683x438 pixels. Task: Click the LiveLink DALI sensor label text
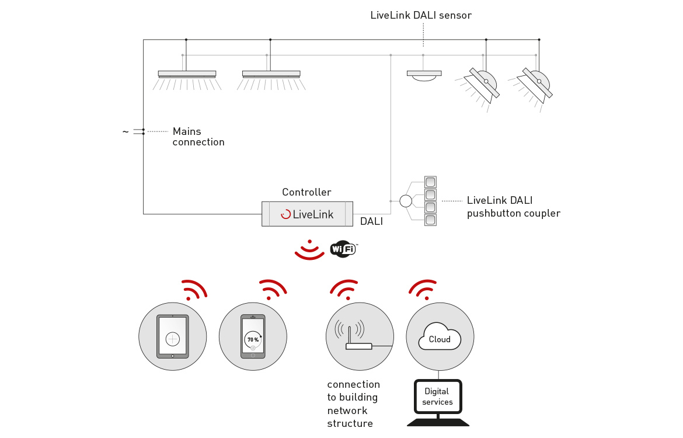pos(421,15)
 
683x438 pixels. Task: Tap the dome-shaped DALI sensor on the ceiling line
pos(424,76)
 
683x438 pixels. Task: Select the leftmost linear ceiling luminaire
pos(187,80)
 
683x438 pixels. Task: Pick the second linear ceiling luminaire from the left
pos(271,80)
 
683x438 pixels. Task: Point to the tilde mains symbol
pos(126,131)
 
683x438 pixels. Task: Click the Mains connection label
pos(198,137)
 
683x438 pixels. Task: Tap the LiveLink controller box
pos(307,214)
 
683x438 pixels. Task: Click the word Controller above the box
pos(306,192)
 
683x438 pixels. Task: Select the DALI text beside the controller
pos(371,221)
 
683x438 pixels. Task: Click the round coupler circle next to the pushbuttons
pos(406,201)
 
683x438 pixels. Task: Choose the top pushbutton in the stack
pos(430,182)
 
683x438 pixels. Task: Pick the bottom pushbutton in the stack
pos(430,220)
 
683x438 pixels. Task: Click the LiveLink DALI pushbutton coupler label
pos(514,207)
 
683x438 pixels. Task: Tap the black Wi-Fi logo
pos(344,249)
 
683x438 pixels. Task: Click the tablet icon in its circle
pos(172,336)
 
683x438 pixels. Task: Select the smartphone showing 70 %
pos(253,336)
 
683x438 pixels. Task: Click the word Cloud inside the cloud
pos(440,339)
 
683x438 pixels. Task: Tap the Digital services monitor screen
pos(438,397)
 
